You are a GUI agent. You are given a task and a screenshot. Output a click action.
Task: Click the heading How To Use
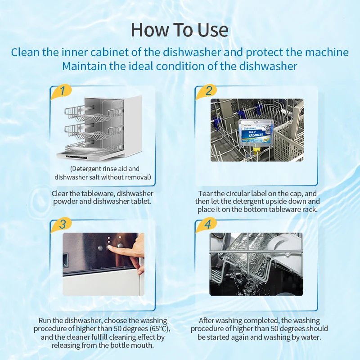[180, 30]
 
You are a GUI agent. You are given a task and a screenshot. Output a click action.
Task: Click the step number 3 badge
[64, 224]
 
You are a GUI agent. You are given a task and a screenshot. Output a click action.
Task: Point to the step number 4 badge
[208, 224]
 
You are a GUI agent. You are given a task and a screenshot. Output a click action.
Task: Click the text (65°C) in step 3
[162, 329]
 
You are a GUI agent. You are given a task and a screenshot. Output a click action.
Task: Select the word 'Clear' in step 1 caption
[60, 193]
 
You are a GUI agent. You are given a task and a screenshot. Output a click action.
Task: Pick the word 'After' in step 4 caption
[208, 321]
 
